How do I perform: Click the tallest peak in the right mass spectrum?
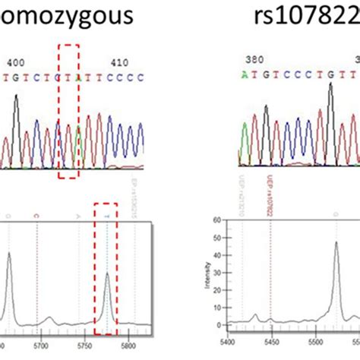click(x=336, y=243)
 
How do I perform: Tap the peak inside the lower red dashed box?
click(x=107, y=275)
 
